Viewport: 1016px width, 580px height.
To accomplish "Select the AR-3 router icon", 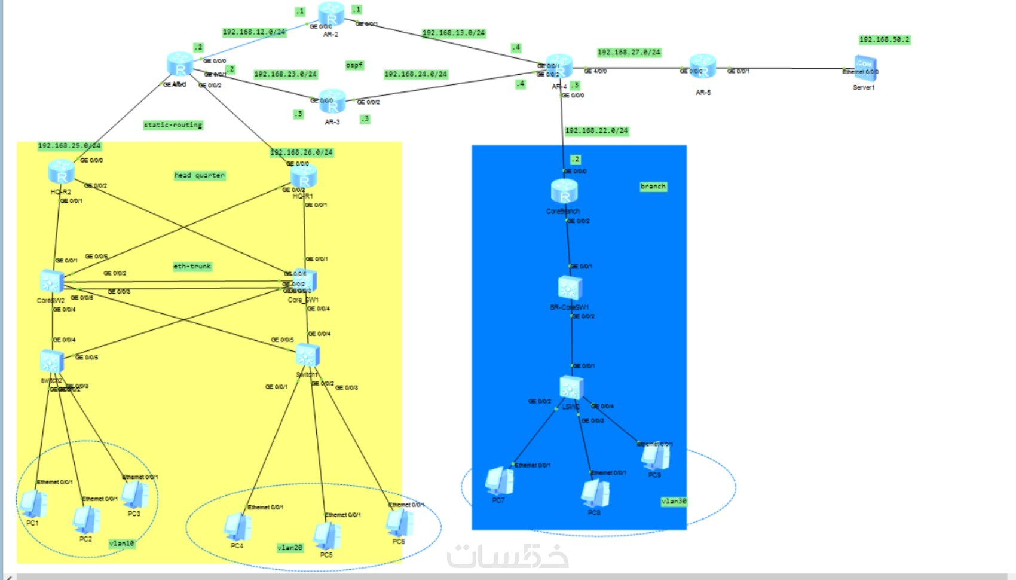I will point(332,102).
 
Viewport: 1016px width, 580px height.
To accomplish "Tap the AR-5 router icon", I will point(703,66).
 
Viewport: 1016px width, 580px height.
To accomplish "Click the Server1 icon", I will point(865,66).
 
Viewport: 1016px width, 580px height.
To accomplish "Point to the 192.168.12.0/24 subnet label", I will point(254,32).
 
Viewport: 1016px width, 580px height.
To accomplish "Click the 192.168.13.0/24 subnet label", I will point(454,33).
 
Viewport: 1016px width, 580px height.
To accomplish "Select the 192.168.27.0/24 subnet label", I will point(629,53).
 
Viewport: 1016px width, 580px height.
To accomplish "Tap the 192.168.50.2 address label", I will point(884,40).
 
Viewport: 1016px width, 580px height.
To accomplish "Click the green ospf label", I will point(354,65).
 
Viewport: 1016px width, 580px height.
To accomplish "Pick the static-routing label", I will point(173,125).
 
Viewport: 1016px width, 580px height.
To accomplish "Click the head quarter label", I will point(200,176).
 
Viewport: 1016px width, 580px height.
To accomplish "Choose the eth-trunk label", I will point(192,267).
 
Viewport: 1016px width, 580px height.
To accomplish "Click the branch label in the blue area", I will point(653,187).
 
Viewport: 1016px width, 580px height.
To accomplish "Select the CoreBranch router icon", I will point(564,191).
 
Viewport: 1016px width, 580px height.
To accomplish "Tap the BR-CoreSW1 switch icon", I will point(570,288).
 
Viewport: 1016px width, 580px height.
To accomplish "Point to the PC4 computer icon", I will point(237,526).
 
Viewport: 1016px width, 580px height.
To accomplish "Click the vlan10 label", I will point(121,544).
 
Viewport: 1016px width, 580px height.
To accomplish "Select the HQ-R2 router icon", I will point(61,172).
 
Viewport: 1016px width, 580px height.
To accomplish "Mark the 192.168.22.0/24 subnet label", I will point(596,131).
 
